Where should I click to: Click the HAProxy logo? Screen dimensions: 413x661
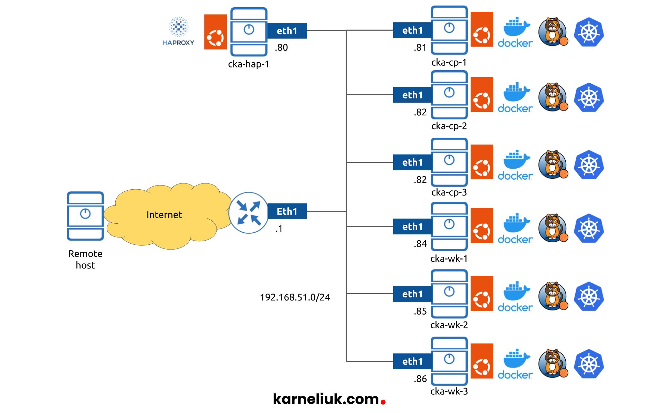178,31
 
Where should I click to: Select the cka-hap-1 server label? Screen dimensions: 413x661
248,64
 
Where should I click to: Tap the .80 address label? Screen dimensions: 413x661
281,47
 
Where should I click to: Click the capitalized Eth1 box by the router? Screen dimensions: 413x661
287,211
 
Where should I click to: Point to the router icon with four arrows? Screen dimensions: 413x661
248,212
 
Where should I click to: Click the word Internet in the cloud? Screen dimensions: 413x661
164,215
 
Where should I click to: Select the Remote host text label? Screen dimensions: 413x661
85,259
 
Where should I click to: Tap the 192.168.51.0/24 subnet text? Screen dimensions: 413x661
295,297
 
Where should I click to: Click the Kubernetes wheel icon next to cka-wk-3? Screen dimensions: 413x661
589,364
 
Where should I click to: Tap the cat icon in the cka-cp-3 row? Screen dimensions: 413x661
553,165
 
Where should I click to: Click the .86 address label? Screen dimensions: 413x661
420,379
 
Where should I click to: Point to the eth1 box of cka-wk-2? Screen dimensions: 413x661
412,294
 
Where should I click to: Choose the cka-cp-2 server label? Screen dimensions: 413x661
449,126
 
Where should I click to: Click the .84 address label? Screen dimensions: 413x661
420,244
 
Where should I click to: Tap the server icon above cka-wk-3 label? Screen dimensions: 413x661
449,361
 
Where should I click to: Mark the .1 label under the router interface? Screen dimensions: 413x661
279,229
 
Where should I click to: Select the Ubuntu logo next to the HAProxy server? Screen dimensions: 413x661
215,32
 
